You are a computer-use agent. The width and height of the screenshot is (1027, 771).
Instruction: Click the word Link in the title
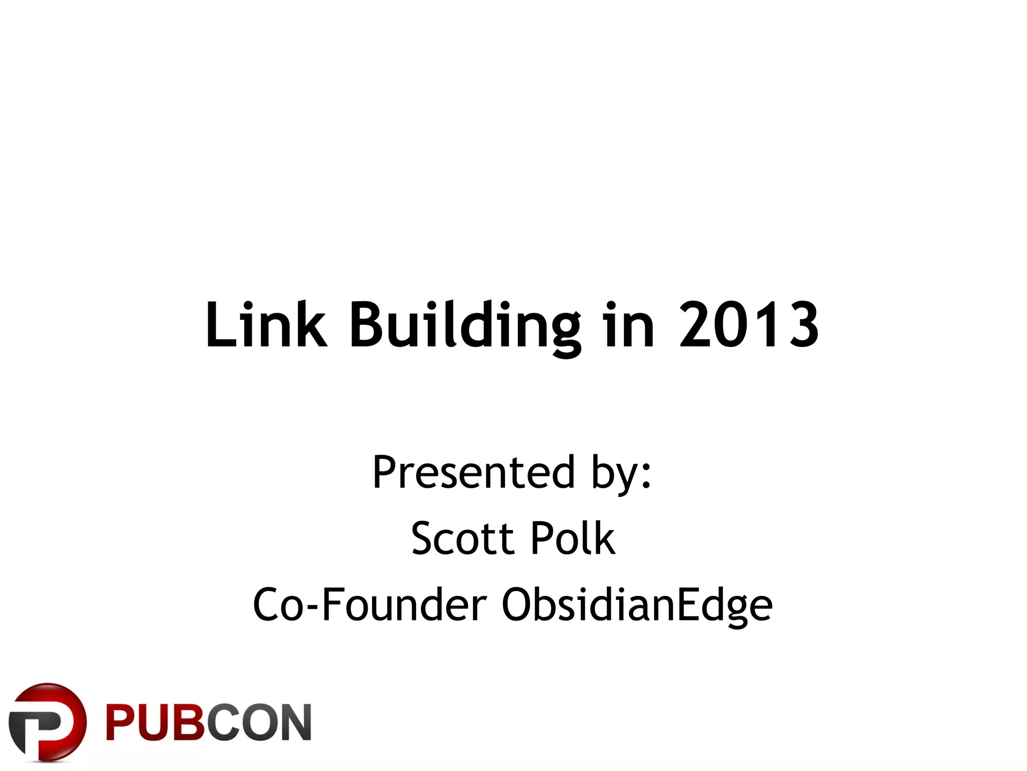tap(266, 325)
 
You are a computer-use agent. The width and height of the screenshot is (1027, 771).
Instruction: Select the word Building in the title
tap(465, 325)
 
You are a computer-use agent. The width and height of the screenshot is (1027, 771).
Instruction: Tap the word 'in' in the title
tap(629, 325)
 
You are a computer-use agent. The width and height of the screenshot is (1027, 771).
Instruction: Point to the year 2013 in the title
tap(749, 325)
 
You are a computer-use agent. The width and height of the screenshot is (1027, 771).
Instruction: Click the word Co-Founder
tap(370, 605)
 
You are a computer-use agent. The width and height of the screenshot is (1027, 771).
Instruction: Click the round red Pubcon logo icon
tap(47, 721)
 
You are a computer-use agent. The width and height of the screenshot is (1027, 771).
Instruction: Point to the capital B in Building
tap(367, 325)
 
